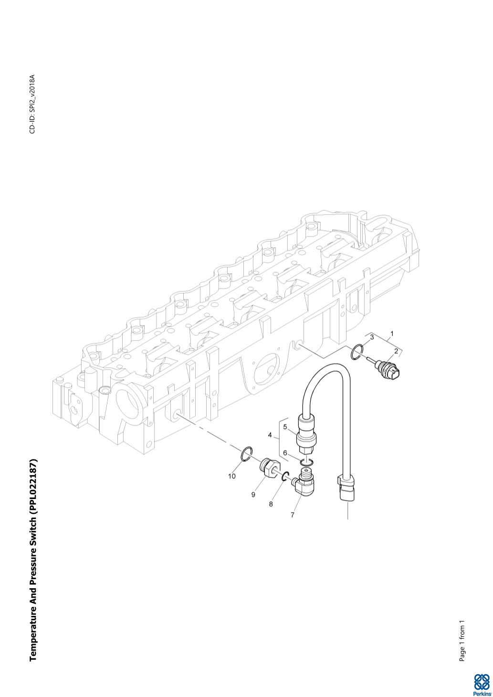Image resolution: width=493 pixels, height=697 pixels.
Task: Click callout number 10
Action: [231, 476]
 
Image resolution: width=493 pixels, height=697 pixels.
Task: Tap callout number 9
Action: [253, 495]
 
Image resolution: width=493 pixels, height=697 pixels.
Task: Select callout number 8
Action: [271, 504]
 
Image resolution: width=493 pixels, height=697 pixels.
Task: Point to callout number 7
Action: [293, 515]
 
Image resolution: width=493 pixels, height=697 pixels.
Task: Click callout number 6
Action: [285, 453]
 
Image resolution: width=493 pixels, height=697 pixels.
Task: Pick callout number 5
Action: [285, 427]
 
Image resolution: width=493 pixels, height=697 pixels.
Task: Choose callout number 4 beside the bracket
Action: [270, 435]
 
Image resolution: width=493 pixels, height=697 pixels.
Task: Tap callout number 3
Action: [372, 338]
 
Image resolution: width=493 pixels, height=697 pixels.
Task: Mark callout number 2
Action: [396, 351]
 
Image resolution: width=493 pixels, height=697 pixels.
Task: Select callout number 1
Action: [392, 333]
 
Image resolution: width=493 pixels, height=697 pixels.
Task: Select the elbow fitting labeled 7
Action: [304, 482]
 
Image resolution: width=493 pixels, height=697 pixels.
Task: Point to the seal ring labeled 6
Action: [306, 461]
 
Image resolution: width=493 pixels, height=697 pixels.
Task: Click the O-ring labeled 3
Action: [356, 352]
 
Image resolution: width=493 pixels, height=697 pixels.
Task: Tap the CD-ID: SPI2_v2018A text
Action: [32, 104]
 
